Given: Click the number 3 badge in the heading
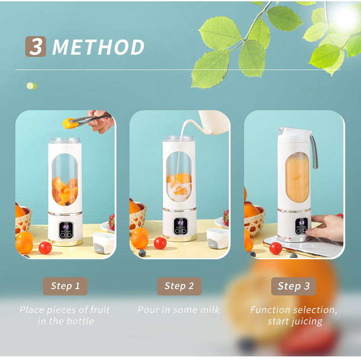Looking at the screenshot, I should pos(36,47).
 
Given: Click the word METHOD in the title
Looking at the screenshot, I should pos(98,47).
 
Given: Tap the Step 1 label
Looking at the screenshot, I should pos(65,286).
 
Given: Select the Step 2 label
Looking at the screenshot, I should pos(179,286).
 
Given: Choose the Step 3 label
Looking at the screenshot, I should pos(293,286).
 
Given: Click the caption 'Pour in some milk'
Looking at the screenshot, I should pos(179,310).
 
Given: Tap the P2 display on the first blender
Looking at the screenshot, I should pos(66,227).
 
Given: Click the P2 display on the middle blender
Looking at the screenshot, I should pos(180,224).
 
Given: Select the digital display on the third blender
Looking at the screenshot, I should pos(301,223).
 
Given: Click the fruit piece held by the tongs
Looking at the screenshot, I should pos(68,122).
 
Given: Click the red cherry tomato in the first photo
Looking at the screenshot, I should pos(45,248).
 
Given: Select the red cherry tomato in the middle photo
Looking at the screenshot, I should pos(160,243).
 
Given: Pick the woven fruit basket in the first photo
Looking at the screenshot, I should pos(23,221).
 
